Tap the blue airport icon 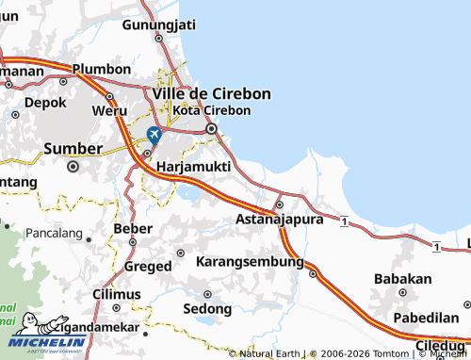pyautogui.click(x=154, y=135)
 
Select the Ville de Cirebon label pyautogui.click(x=211, y=93)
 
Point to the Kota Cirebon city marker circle pyautogui.click(x=212, y=129)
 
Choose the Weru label pyautogui.click(x=108, y=110)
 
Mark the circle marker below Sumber pyautogui.click(x=73, y=167)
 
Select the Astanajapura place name pyautogui.click(x=279, y=219)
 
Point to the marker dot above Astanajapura pyautogui.click(x=278, y=204)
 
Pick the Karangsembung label pyautogui.click(x=248, y=260)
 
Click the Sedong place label pyautogui.click(x=206, y=308)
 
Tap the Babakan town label pyautogui.click(x=403, y=279)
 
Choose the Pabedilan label pyautogui.click(x=429, y=318)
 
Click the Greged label pyautogui.click(x=148, y=266)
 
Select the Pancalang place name pyautogui.click(x=55, y=231)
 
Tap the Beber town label pyautogui.click(x=132, y=228)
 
